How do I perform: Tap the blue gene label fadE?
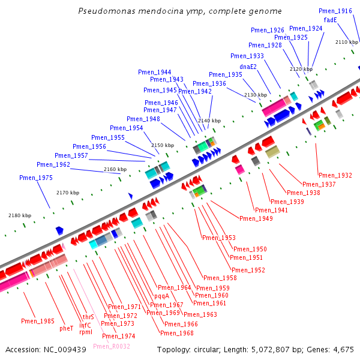(x=330, y=20)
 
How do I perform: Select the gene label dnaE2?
(x=248, y=67)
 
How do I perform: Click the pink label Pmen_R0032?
(x=112, y=346)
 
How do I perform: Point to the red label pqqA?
(x=161, y=296)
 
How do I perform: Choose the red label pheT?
(x=67, y=329)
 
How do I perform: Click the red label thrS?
(x=88, y=317)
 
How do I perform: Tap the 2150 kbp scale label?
(x=163, y=145)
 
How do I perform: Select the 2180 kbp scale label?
(x=20, y=215)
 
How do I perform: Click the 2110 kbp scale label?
(x=347, y=42)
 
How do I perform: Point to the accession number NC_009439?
(x=65, y=350)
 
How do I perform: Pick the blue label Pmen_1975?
(x=36, y=178)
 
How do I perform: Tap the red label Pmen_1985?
(x=38, y=321)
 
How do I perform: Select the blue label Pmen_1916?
(x=335, y=11)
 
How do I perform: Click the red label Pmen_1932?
(x=335, y=175)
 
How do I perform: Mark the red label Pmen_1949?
(x=256, y=218)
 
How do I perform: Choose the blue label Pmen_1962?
(x=53, y=164)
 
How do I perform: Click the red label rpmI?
(x=86, y=332)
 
